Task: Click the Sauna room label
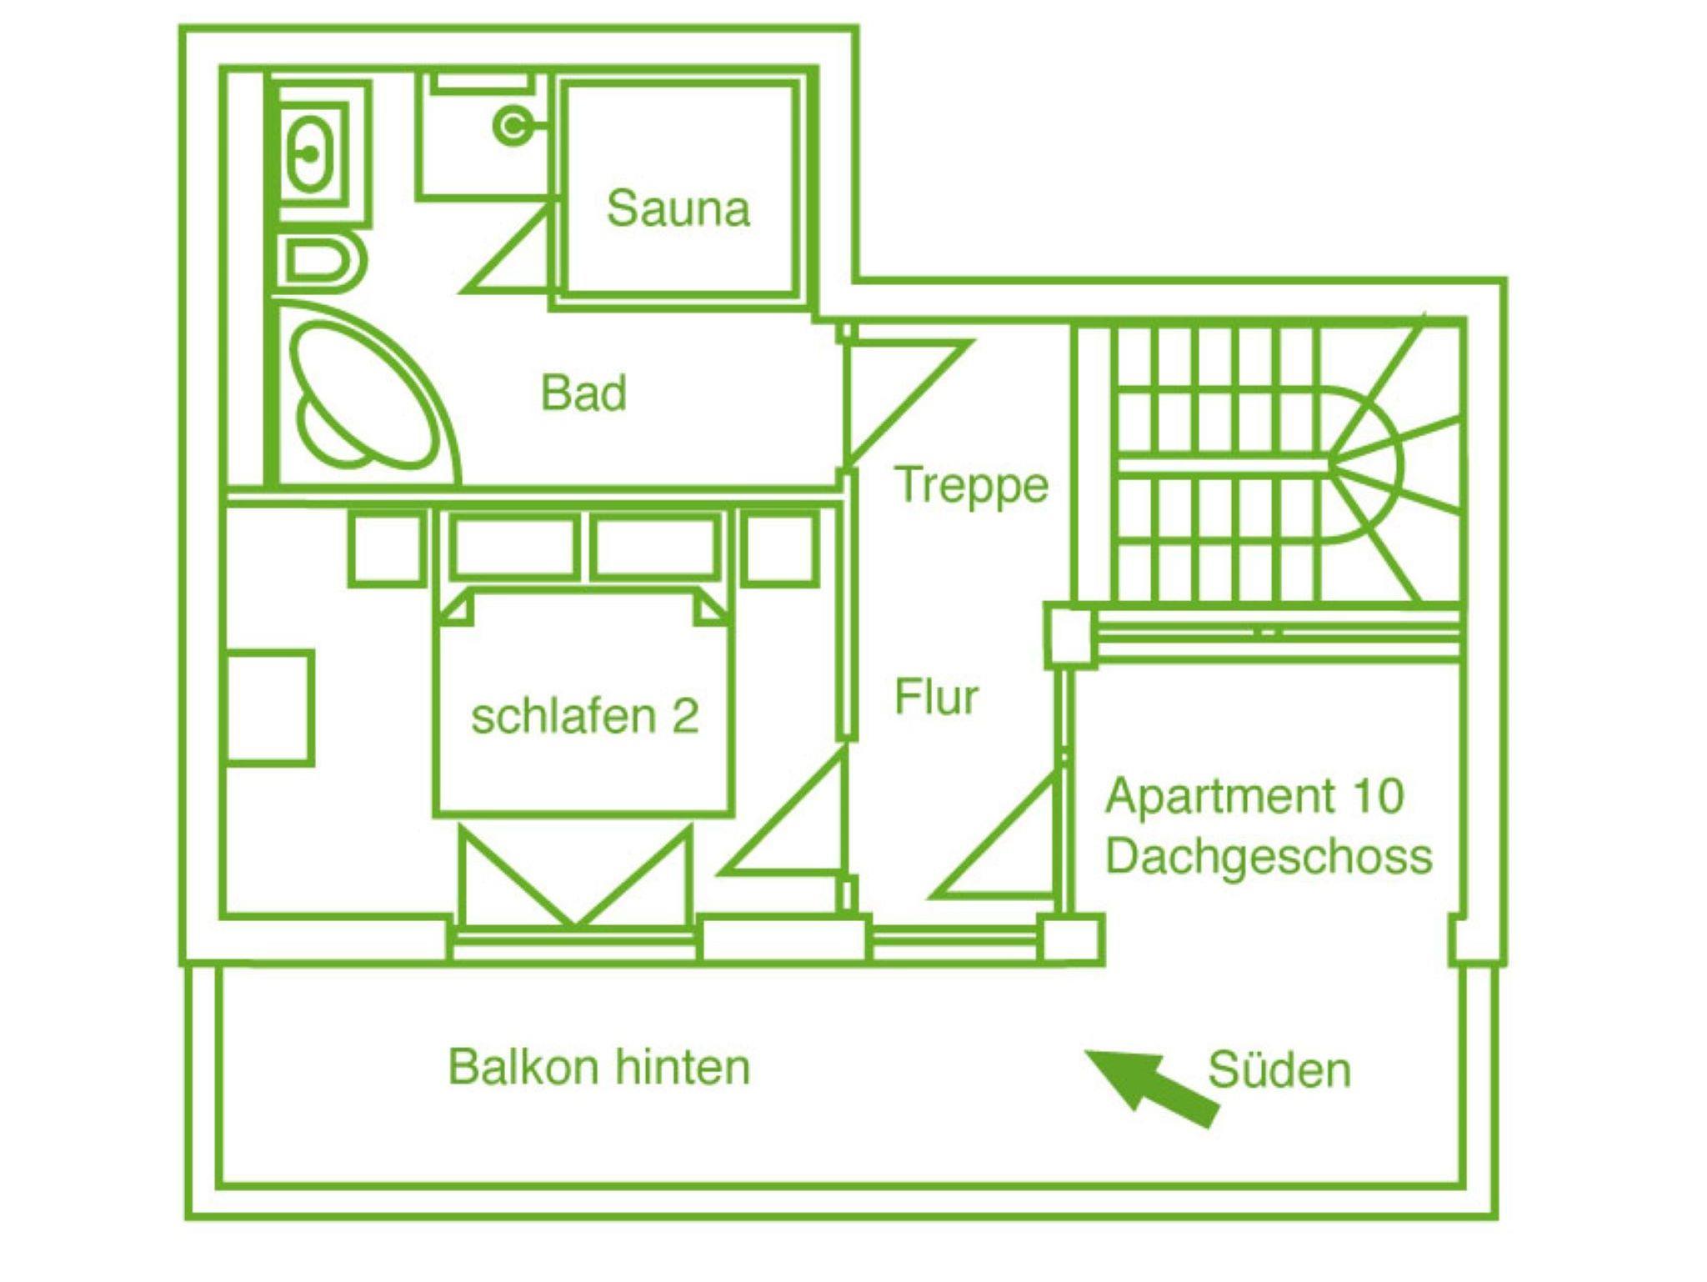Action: point(678,208)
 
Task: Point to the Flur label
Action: point(936,697)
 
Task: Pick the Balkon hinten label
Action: point(599,1067)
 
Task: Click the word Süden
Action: point(1279,1070)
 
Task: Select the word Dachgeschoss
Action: point(1269,857)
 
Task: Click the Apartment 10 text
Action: point(1254,795)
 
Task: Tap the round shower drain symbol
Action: point(512,126)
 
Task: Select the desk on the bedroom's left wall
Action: point(268,708)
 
